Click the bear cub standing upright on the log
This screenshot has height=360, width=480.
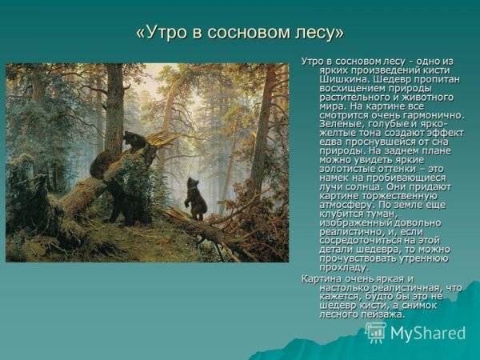[x=195, y=198]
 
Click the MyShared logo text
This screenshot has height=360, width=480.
[x=428, y=333]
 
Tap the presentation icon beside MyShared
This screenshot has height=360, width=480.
[x=374, y=331]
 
